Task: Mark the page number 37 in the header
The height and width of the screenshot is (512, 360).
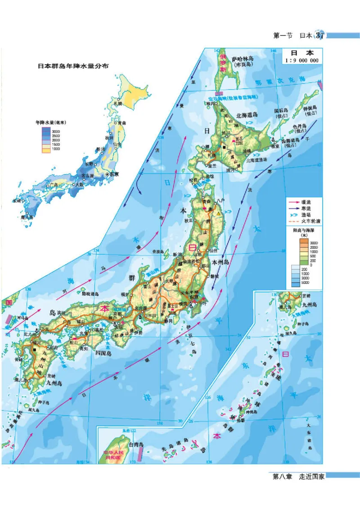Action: coord(320,35)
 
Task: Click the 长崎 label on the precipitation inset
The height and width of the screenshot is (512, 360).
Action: coord(17,201)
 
